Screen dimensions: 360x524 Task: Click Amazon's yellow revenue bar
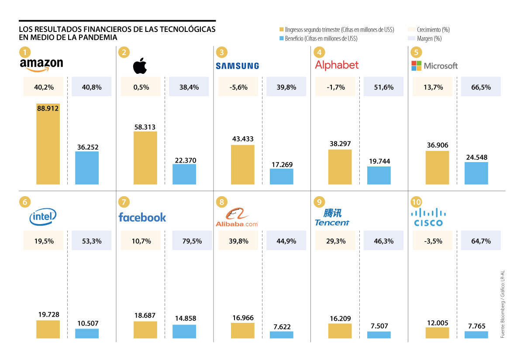[48, 144]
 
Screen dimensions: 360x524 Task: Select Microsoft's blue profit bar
[476, 173]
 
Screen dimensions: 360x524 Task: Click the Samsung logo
[237, 66]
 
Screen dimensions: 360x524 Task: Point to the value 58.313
[145, 127]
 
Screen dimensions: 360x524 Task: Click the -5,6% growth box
[238, 87]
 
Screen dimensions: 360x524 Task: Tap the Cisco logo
[429, 217]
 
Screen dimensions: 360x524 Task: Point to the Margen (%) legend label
[429, 38]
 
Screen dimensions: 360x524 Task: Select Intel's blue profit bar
[87, 333]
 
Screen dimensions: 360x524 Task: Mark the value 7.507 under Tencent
[379, 326]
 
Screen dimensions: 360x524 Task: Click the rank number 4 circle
[320, 52]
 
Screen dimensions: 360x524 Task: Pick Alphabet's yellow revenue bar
[340, 166]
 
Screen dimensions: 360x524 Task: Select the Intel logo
[43, 216]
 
